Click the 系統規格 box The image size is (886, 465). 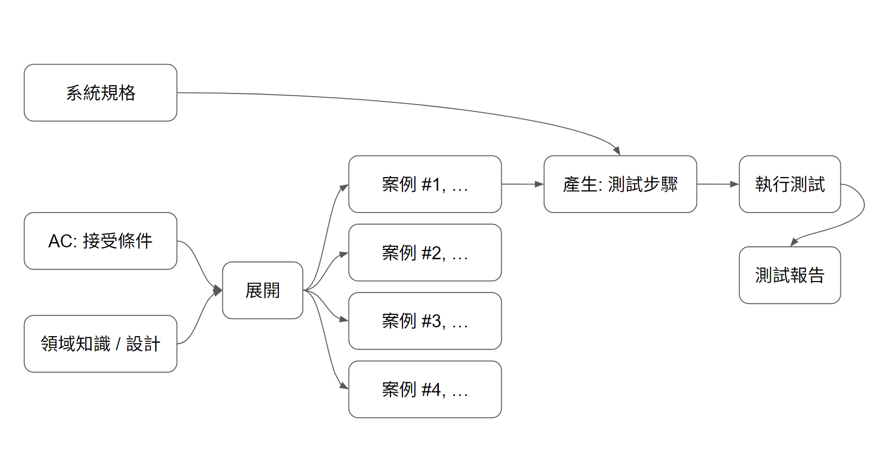(100, 93)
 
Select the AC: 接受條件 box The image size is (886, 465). (100, 241)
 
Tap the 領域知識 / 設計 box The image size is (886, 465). (100, 344)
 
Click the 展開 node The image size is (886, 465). (262, 290)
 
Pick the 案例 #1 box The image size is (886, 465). (425, 184)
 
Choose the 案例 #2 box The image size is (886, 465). (425, 253)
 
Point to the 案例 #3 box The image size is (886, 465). (425, 321)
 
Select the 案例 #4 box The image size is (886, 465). (425, 390)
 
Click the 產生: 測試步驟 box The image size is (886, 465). (620, 184)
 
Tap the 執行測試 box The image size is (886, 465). (789, 184)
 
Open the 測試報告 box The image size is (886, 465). (789, 275)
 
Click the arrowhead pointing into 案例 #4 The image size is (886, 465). (343, 386)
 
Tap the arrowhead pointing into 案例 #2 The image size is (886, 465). (343, 255)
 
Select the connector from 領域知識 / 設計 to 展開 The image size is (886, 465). (200, 320)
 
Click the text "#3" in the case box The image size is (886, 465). (432, 321)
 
